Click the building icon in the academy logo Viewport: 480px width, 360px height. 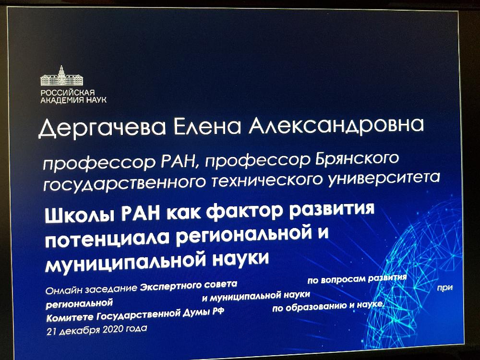pyautogui.click(x=62, y=76)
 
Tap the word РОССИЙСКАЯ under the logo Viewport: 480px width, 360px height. pyautogui.click(x=68, y=93)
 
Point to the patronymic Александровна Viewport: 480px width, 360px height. pyautogui.click(x=336, y=126)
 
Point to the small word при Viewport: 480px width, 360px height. pyautogui.click(x=445, y=288)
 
